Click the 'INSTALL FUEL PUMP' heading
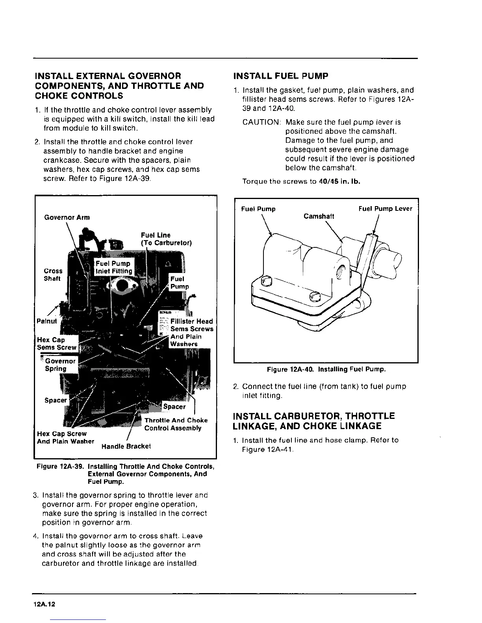[x=281, y=76]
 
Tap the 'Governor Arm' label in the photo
[x=67, y=217]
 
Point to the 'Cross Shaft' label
[x=53, y=275]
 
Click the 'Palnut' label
[x=46, y=321]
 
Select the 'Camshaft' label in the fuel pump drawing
[x=319, y=216]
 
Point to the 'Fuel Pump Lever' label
[x=385, y=208]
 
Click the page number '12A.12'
[x=44, y=605]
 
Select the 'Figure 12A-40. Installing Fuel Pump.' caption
[x=326, y=369]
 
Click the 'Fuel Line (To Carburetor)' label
[x=166, y=239]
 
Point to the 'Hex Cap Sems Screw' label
[x=56, y=343]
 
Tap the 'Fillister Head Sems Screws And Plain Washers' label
[x=191, y=332]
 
